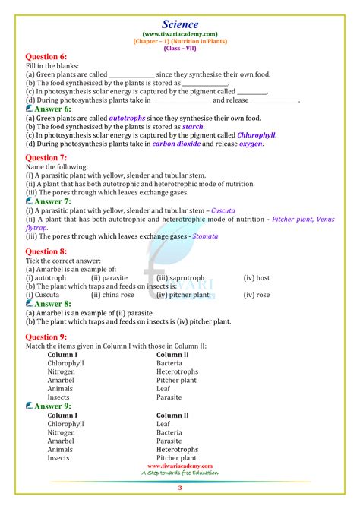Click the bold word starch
(x=194, y=127)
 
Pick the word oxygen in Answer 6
(x=251, y=144)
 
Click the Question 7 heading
(x=46, y=157)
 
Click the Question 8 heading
(x=46, y=251)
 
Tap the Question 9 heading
(x=46, y=337)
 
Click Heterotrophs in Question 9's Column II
(x=178, y=371)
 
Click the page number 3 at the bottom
(x=180, y=488)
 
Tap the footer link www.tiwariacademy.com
(x=180, y=466)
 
